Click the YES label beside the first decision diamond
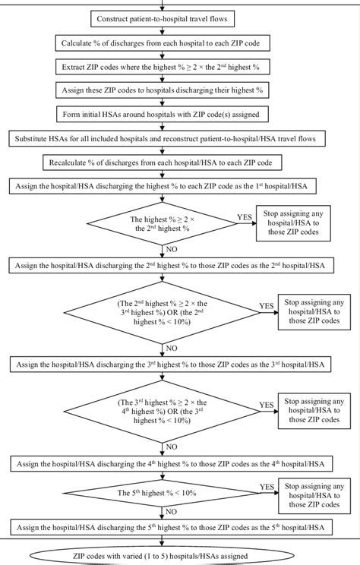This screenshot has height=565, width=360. (x=244, y=217)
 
